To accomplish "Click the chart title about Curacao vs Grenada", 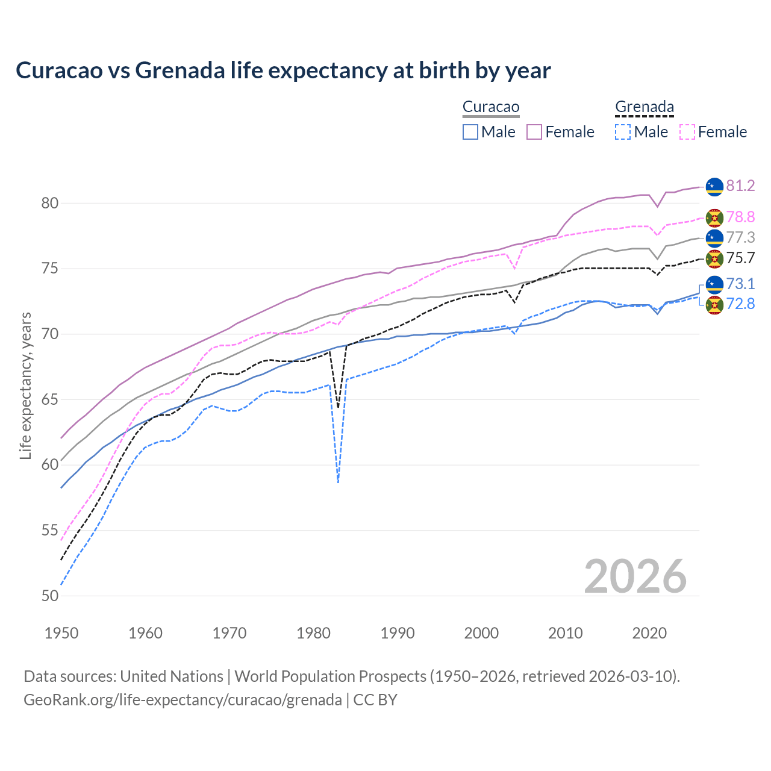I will [x=283, y=70].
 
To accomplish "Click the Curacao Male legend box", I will [x=470, y=132].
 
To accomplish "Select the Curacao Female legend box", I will [x=534, y=132].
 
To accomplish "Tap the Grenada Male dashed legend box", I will [x=623, y=132].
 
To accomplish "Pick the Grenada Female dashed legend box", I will [x=687, y=132].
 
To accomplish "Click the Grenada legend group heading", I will [x=644, y=107].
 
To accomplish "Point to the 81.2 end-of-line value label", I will [x=740, y=186].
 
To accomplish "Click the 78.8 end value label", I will [x=740, y=217].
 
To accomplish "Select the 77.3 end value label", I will [x=740, y=237].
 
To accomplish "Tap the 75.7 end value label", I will [x=740, y=258].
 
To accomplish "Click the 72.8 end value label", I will [x=740, y=304].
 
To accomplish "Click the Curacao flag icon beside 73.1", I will [x=714, y=284].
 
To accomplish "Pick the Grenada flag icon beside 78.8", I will [x=714, y=217].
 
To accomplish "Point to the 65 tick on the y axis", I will [x=50, y=399].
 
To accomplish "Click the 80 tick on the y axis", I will [x=50, y=203].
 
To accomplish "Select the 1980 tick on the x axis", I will [x=314, y=633].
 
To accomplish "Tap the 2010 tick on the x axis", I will [x=566, y=633].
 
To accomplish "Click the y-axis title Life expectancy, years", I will [x=26, y=385].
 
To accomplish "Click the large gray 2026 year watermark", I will [x=635, y=576].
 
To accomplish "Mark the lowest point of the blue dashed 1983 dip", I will [x=339, y=482].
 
